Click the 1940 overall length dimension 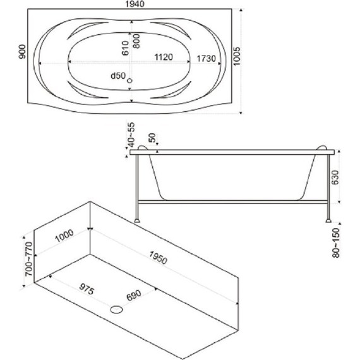(x=135, y=4)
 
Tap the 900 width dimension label (x=22, y=52)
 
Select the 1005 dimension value (x=237, y=56)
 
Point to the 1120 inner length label (x=164, y=57)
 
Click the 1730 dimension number (x=206, y=59)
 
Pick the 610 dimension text (x=125, y=48)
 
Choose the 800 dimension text (x=136, y=41)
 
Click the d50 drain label (x=118, y=76)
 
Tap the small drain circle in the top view (x=129, y=81)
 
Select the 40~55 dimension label (x=131, y=135)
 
